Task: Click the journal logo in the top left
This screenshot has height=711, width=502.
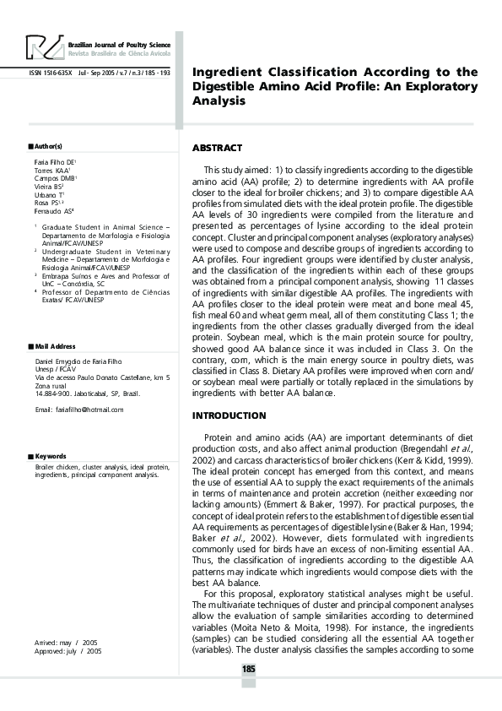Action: point(43,48)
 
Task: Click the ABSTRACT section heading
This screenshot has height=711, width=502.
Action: point(218,148)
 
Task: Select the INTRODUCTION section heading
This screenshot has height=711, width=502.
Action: point(229,415)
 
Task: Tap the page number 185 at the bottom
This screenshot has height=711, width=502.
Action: point(248,670)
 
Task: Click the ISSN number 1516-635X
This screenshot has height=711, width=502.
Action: point(51,73)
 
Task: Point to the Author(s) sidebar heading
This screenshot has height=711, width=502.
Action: point(47,146)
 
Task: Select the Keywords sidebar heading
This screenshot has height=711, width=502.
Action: point(50,456)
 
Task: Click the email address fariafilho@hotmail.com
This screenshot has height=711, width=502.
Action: point(79,410)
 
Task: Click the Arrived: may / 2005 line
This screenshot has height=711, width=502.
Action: point(62,643)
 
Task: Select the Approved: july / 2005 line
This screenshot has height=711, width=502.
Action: point(64,651)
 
